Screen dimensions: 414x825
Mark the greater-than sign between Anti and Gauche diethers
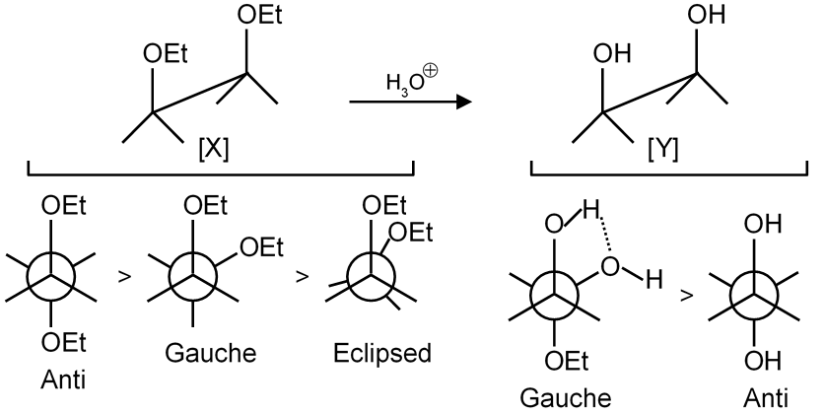[x=124, y=275]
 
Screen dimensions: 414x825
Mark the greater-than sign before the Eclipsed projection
[x=303, y=275]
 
